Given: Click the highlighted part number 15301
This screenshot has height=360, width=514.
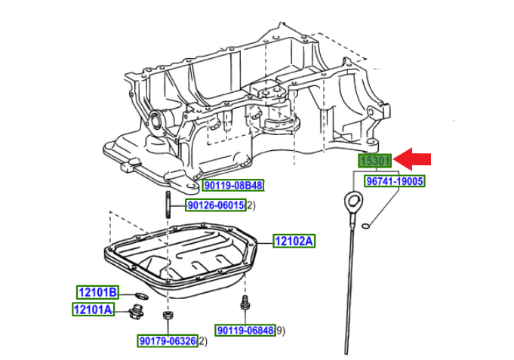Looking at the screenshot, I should pyautogui.click(x=375, y=161).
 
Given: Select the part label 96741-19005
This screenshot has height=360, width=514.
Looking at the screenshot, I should pyautogui.click(x=395, y=182).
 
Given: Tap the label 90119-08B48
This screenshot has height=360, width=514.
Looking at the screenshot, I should pyautogui.click(x=233, y=185).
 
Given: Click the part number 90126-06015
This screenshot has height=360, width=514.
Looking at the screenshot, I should pyautogui.click(x=216, y=205).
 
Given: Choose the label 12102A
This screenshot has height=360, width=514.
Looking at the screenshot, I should pyautogui.click(x=294, y=242).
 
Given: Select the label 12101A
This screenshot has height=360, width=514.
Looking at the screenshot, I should pyautogui.click(x=93, y=309).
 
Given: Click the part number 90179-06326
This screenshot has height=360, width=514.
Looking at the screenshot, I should pyautogui.click(x=168, y=342).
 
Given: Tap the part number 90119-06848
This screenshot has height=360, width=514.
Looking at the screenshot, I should pyautogui.click(x=246, y=330).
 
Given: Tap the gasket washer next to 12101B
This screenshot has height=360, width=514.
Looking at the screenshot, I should pyautogui.click(x=140, y=293).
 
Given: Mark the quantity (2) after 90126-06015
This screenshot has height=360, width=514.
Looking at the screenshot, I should pyautogui.click(x=251, y=205).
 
